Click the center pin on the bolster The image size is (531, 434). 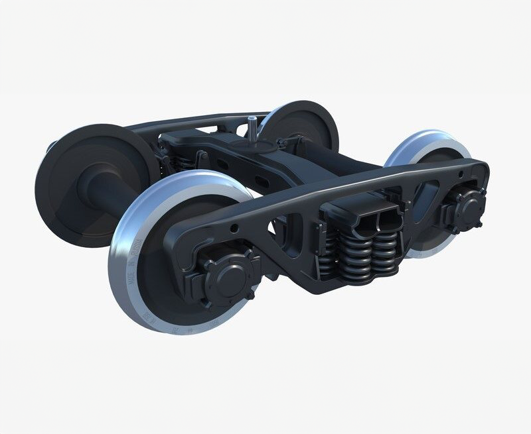pyautogui.click(x=252, y=125)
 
